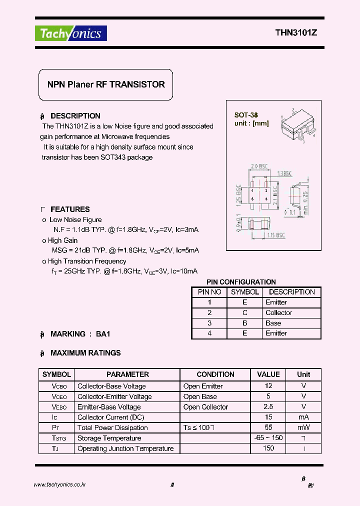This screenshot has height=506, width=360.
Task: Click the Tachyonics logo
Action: click(70, 33)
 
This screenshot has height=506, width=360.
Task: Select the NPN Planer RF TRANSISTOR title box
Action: click(106, 85)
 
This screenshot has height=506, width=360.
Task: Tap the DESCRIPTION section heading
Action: click(75, 116)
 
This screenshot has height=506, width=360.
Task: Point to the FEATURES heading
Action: click(70, 209)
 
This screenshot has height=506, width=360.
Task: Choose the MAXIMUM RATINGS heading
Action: click(85, 353)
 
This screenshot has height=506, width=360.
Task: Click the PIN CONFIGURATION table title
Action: click(241, 282)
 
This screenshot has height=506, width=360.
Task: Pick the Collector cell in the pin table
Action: click(278, 312)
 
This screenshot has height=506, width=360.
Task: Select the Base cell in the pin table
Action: click(273, 323)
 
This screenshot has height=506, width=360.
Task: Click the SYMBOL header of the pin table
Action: click(245, 292)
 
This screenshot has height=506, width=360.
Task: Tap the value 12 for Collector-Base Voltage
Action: click(268, 386)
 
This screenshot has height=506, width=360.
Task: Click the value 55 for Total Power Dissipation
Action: click(268, 427)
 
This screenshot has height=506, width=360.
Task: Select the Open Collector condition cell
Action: click(205, 407)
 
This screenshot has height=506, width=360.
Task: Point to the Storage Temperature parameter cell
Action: click(109, 438)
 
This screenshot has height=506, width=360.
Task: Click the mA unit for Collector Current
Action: click(303, 417)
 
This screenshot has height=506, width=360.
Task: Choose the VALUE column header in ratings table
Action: click(268, 374)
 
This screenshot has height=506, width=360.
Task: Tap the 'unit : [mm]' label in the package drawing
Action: click(251, 123)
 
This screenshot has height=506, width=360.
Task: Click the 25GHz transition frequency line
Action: click(124, 271)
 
